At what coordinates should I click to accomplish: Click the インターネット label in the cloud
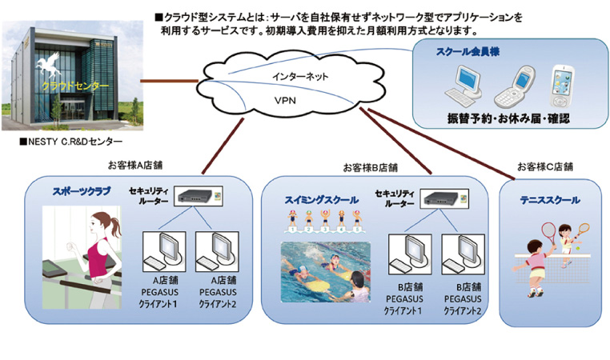click(x=295, y=77)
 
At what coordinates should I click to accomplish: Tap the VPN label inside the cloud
click(x=286, y=102)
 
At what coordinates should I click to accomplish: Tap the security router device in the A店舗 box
click(x=194, y=195)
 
